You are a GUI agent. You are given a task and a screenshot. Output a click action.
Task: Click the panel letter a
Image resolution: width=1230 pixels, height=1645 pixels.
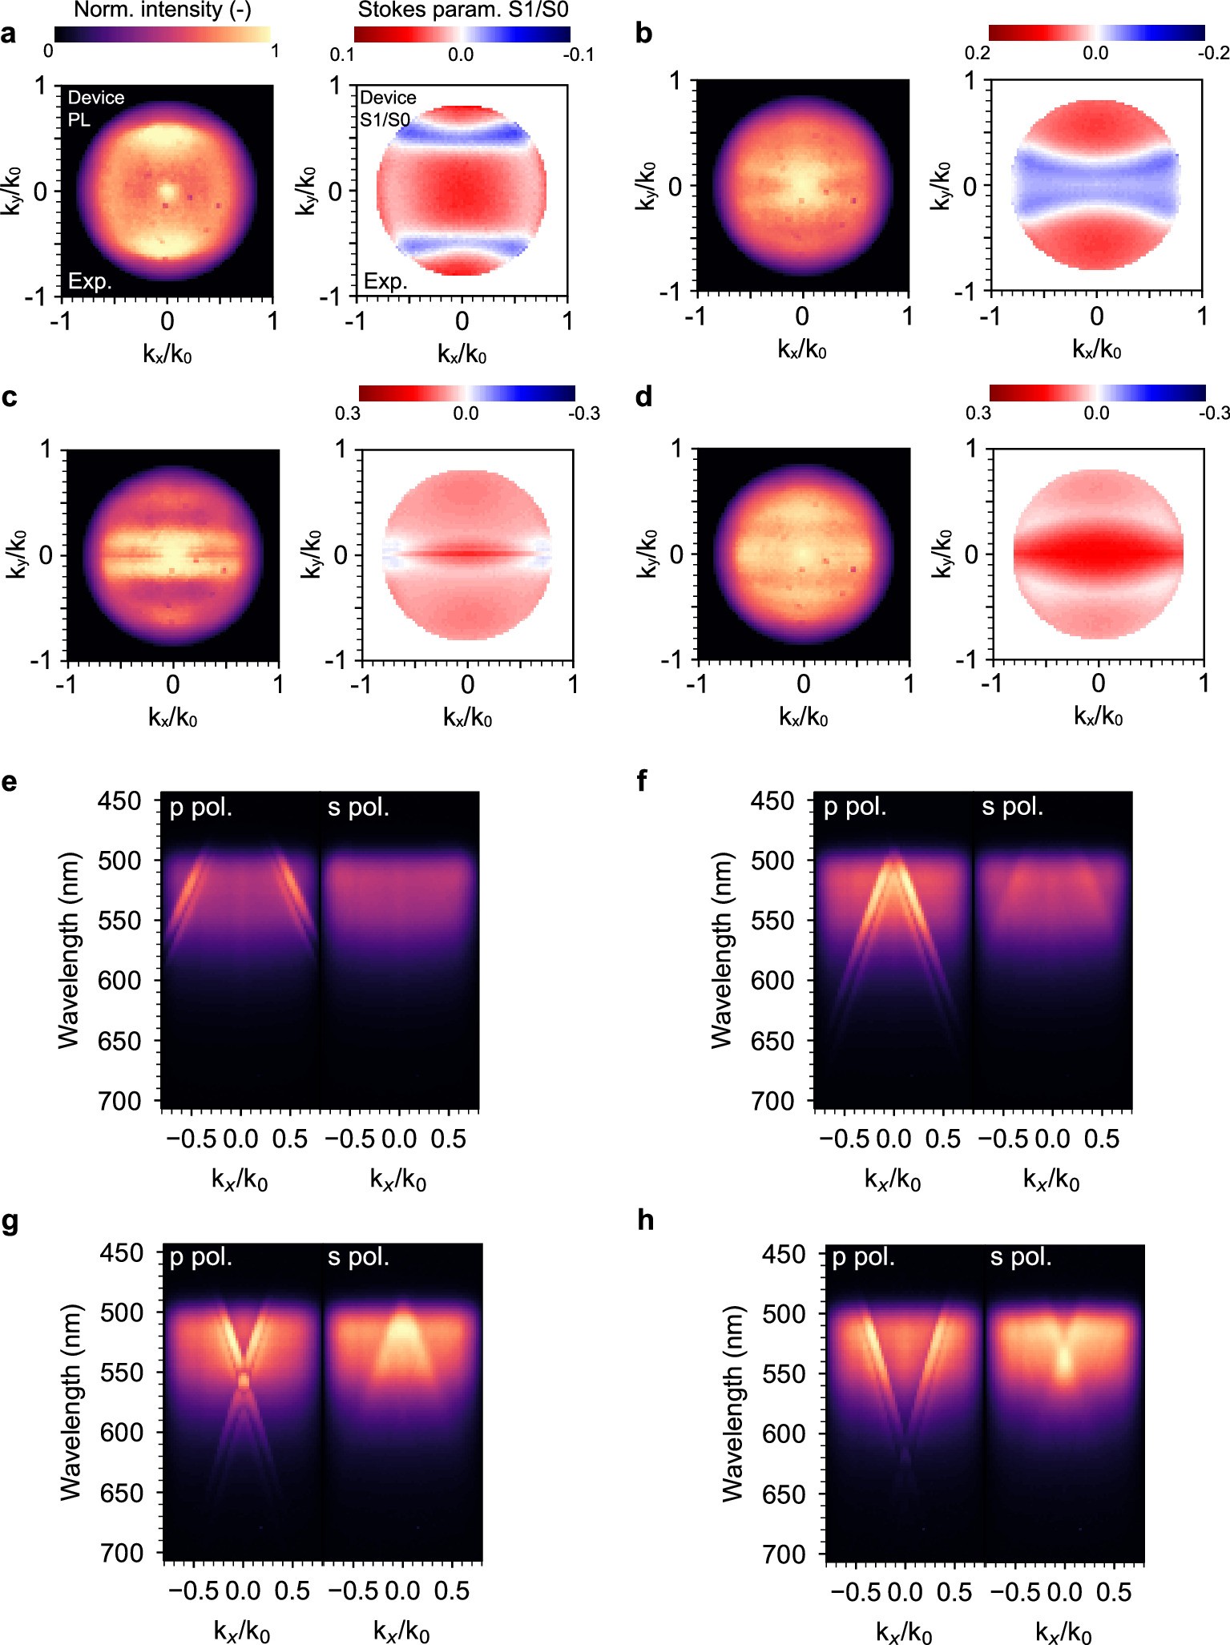(9, 34)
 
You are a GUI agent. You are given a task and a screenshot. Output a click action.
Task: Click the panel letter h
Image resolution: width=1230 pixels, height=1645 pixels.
(645, 1220)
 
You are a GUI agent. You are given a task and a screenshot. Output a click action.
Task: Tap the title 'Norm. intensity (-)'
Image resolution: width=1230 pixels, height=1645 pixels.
(162, 10)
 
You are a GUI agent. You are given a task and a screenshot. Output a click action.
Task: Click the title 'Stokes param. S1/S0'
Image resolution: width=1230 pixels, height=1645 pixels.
(462, 10)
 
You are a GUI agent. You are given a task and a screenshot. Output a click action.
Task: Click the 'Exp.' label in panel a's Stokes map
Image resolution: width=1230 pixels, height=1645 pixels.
(385, 281)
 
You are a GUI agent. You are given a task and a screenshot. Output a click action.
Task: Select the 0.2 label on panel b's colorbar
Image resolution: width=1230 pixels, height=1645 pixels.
(977, 53)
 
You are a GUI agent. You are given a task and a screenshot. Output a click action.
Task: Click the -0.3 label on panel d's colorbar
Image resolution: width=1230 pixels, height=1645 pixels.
(1213, 413)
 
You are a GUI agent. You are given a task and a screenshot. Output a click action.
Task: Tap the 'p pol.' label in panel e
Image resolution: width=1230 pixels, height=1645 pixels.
(201, 808)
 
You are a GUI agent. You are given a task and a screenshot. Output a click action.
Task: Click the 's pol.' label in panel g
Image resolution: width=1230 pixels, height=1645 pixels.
(358, 1257)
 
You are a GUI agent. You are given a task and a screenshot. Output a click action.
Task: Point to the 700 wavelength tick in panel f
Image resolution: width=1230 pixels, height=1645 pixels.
(772, 1101)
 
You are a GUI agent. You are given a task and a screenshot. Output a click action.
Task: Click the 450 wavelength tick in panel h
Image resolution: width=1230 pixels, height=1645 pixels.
(783, 1254)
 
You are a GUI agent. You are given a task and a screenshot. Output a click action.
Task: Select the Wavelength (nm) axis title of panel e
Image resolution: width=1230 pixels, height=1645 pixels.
(70, 950)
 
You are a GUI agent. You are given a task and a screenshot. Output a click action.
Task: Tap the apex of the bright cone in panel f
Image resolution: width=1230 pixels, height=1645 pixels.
(893, 856)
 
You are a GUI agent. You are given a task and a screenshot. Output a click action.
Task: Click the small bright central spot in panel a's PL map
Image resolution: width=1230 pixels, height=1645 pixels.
(167, 192)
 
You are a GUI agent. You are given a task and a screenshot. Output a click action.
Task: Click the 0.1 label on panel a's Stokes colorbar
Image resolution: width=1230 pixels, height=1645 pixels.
(342, 54)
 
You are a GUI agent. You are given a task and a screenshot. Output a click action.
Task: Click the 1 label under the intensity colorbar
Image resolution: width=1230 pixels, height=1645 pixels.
(275, 51)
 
